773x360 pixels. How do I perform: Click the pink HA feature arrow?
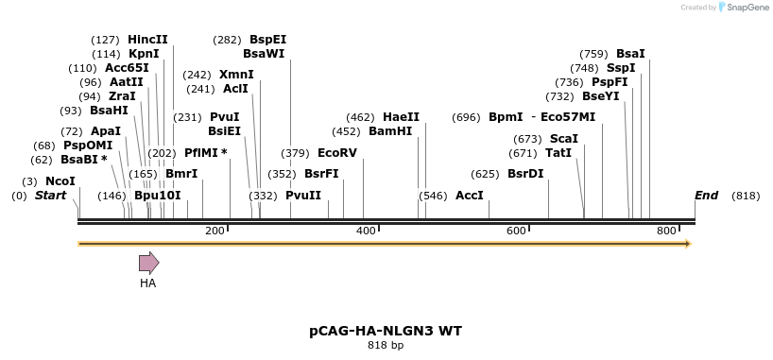149,263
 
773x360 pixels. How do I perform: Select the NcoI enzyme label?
60,181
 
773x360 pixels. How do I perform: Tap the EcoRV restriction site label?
337,153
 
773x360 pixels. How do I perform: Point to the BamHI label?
390,131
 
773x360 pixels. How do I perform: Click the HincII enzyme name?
147,40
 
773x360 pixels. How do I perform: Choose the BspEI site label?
267,40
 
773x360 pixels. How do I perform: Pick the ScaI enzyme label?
564,139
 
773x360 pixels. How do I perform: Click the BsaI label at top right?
630,54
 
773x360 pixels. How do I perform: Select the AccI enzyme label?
470,196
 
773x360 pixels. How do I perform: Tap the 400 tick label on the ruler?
366,231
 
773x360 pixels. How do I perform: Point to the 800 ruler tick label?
666,231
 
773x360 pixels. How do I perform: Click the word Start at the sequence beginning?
50,196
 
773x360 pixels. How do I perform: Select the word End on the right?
706,196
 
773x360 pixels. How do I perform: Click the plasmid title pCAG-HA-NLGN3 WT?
386,331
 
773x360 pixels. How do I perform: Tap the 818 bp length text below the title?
386,345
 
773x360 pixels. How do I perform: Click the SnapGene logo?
744,8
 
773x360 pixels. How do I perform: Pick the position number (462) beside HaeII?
360,117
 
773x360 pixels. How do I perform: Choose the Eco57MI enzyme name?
568,117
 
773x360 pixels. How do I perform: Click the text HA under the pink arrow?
148,283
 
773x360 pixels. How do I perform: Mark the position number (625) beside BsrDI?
485,174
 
